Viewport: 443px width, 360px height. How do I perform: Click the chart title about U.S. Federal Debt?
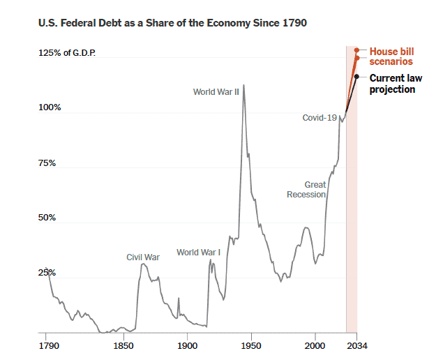[172, 24]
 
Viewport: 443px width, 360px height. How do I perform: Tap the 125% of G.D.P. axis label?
[67, 54]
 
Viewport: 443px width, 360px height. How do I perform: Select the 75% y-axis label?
[50, 163]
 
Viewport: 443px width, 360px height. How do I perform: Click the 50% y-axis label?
[50, 218]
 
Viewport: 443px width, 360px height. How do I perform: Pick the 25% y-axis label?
[50, 272]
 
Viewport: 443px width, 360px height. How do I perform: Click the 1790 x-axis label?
[47, 345]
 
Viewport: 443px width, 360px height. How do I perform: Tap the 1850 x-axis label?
[123, 345]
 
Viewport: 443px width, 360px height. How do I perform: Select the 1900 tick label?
[187, 345]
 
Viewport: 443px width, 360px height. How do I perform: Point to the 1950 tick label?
[251, 345]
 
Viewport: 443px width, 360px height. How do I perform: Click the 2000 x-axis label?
[315, 345]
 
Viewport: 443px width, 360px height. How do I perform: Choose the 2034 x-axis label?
[358, 345]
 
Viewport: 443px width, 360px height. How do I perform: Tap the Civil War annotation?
[143, 257]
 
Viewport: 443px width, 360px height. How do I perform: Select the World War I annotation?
[198, 253]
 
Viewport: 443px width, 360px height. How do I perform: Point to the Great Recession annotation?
[306, 190]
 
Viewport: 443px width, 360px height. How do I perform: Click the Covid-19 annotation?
[320, 118]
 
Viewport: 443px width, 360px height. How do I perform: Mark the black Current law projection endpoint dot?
[356, 76]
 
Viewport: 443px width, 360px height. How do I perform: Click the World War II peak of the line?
[243, 85]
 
